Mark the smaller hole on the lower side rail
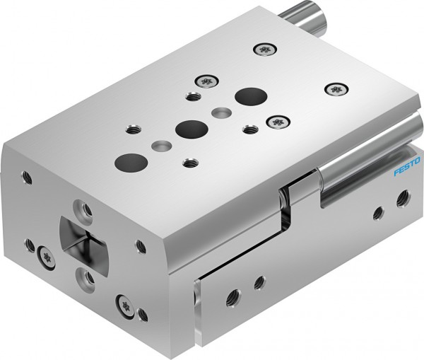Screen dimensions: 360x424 coord(259,281)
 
